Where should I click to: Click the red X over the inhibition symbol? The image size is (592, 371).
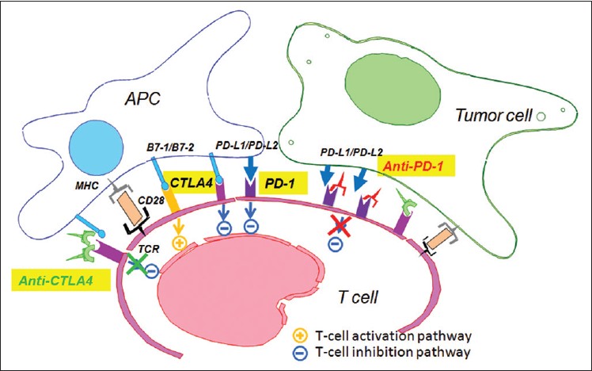coord(340,224)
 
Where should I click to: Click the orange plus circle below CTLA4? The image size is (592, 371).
coord(178,244)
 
